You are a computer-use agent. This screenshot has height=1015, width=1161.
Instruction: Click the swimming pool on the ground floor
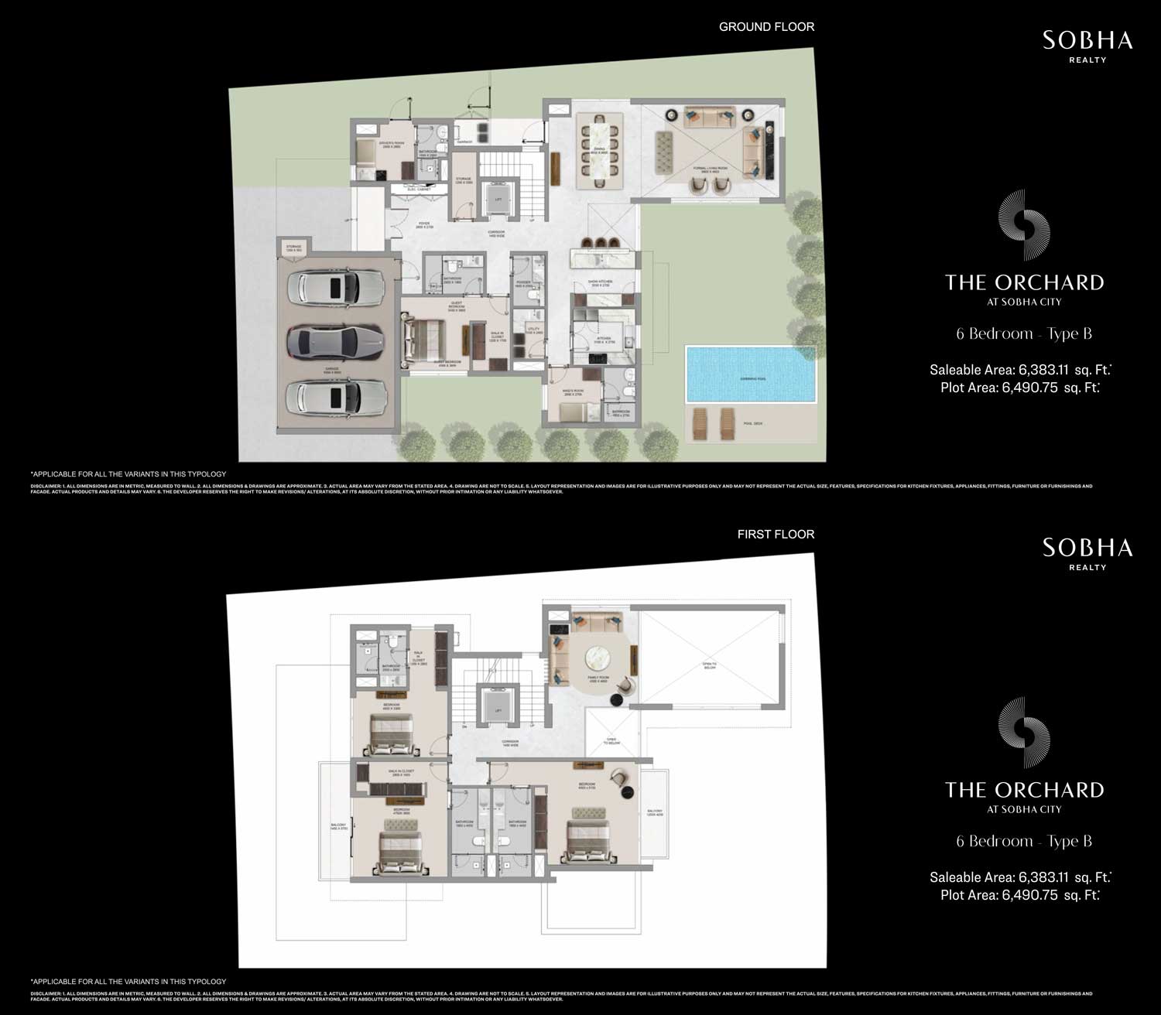(x=750, y=374)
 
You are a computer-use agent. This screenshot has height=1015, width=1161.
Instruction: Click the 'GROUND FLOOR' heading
(x=766, y=27)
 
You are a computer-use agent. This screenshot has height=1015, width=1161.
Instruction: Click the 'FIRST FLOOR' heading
(x=776, y=535)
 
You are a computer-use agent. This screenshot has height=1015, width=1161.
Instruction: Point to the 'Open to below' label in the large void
(x=708, y=666)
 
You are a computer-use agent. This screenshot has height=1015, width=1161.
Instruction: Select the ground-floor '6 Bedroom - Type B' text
(x=1023, y=334)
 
